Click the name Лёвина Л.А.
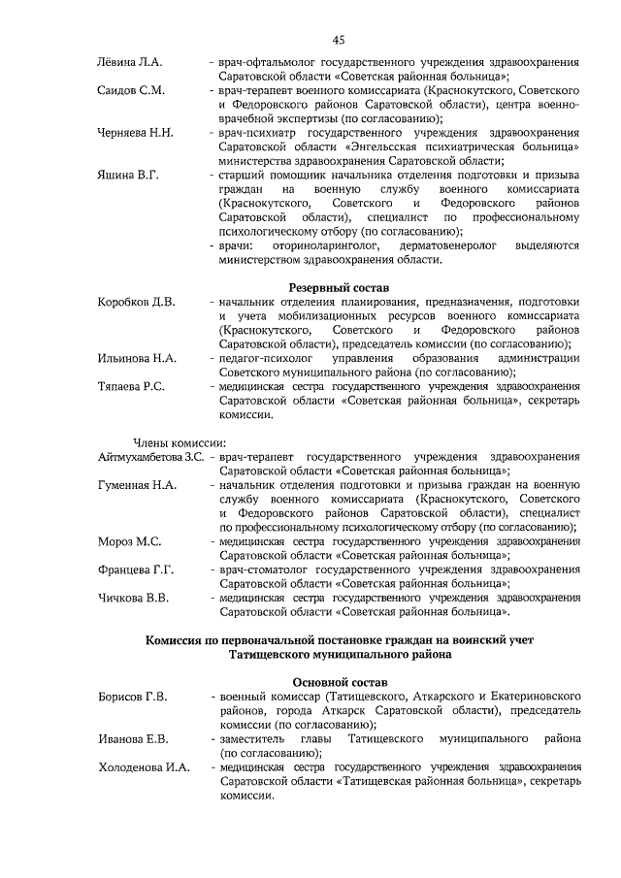coord(129,63)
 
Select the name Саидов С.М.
coord(132,90)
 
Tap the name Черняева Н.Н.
coord(137,133)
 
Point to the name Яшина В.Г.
coord(128,175)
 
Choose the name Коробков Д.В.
coord(137,303)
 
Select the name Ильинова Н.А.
coord(137,358)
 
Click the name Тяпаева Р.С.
coord(132,386)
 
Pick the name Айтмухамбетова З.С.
coord(150,456)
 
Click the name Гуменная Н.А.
coord(137,484)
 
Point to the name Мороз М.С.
coord(129,541)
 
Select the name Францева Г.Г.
coord(136,569)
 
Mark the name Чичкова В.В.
coord(134,598)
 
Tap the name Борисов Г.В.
coord(133,697)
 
